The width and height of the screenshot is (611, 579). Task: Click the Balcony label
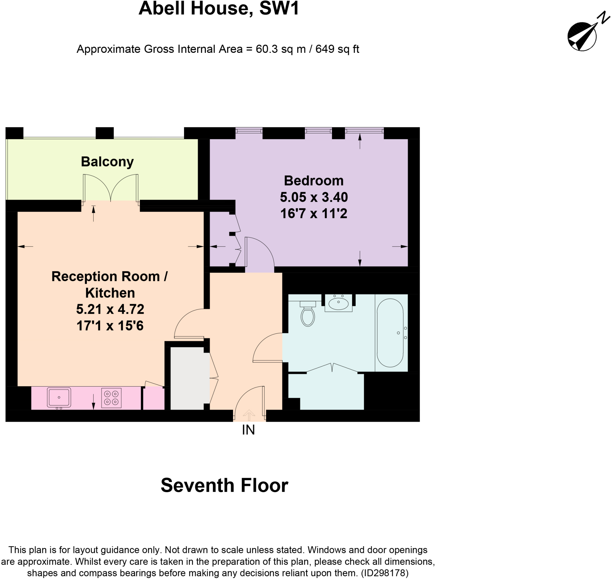click(107, 162)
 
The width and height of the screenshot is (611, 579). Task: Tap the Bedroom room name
click(314, 181)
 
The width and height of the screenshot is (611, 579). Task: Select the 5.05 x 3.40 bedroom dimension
click(314, 197)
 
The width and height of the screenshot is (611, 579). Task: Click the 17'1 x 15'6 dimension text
click(110, 326)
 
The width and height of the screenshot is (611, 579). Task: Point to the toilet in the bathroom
click(308, 314)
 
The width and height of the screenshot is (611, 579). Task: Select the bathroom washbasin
click(338, 304)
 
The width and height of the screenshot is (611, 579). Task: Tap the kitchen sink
click(59, 397)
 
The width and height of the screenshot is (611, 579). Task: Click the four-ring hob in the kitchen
click(111, 398)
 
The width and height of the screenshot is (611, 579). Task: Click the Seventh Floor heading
click(224, 486)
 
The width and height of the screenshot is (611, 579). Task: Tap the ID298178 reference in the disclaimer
click(385, 573)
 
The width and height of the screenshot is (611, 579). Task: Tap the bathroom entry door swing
click(268, 347)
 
